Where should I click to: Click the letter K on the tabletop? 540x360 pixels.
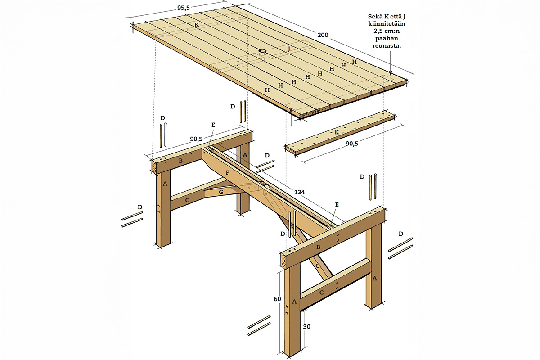point(197,25)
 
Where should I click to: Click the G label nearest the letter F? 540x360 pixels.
point(221,192)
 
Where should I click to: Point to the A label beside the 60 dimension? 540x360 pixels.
point(294,301)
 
